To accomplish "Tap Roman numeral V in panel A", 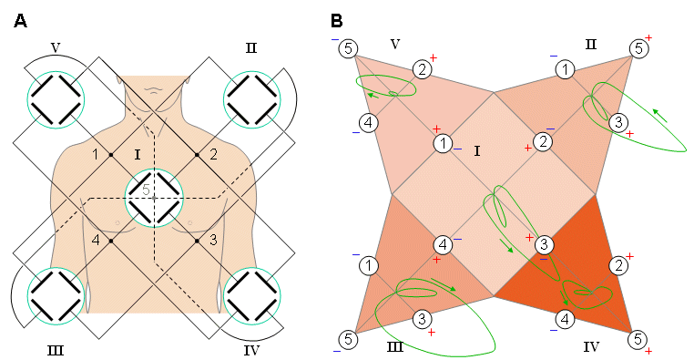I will coord(56,45).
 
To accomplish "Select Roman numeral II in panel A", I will coord(250,45).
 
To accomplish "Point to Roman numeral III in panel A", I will coord(56,348).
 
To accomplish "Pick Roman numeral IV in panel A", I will coord(251,348).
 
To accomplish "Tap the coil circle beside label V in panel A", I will coord(56,98).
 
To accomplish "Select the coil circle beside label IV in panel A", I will coord(252,295).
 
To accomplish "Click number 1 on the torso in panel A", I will coord(96,153).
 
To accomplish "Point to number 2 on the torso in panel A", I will coord(212,153).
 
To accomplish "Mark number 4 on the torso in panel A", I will coord(96,241).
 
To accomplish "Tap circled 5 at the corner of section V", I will coord(349,48).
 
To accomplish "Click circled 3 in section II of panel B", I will coord(617,122).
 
